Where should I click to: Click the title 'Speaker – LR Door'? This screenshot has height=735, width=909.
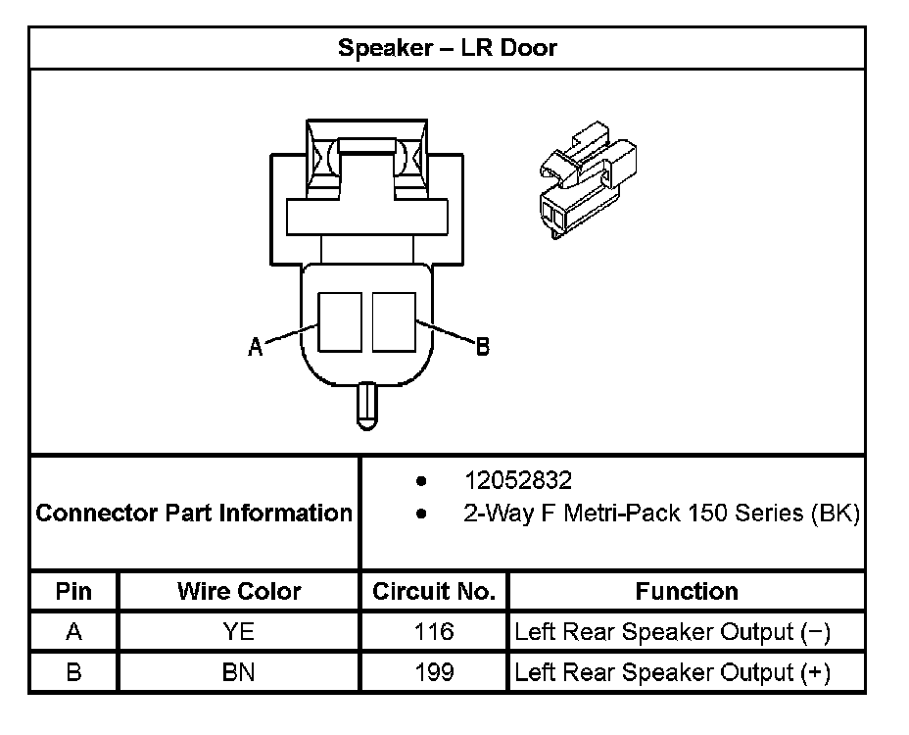(x=447, y=48)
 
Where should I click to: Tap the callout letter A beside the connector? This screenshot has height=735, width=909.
(x=255, y=346)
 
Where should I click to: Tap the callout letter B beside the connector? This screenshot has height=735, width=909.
(x=482, y=346)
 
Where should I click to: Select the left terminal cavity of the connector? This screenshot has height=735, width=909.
(x=340, y=322)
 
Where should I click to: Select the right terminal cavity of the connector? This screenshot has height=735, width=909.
(x=394, y=322)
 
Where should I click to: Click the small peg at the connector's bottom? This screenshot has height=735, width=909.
(x=366, y=406)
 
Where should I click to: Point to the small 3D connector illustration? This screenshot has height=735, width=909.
(x=588, y=180)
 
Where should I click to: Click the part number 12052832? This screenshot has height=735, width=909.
(x=518, y=480)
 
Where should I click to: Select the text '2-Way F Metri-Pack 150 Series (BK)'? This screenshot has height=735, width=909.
(x=661, y=513)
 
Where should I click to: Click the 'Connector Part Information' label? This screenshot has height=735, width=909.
(x=194, y=513)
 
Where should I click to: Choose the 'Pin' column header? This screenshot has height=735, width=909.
(x=73, y=591)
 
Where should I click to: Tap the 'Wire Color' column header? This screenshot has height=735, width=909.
(x=239, y=591)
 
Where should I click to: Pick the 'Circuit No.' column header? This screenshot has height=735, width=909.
(x=434, y=591)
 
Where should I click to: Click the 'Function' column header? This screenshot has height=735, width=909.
(x=687, y=591)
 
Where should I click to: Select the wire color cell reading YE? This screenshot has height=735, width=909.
(x=238, y=631)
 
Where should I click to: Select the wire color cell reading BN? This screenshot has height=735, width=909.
(x=238, y=671)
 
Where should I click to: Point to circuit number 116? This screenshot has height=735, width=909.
(x=434, y=631)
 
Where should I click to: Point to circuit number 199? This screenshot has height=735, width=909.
(x=434, y=671)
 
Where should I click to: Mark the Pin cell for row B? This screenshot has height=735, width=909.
(x=73, y=671)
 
